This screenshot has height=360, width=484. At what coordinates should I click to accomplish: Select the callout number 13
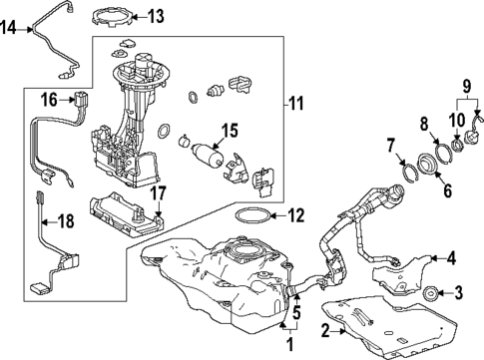[x=156, y=16]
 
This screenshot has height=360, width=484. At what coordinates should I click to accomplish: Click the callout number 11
[x=294, y=103]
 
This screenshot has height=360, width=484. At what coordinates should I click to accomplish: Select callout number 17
[x=158, y=192]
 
